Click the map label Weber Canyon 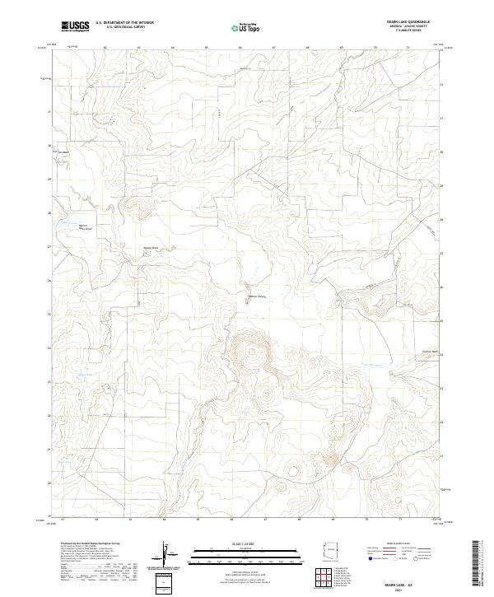[258, 296]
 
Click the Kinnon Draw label [151, 247]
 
